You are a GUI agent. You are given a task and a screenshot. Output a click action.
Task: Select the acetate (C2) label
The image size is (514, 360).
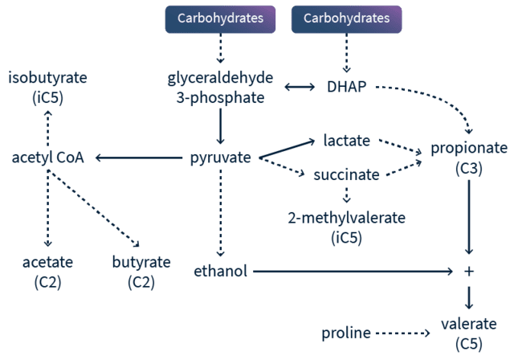pos(48,271)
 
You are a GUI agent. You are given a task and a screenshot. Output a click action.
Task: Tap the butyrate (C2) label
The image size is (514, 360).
pos(141,271)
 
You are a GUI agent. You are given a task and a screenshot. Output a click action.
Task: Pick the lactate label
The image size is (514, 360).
pos(346,140)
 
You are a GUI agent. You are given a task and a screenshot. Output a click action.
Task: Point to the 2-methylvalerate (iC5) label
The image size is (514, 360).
pos(346,226)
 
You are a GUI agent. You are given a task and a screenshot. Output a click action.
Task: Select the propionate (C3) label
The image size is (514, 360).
pos(469,157)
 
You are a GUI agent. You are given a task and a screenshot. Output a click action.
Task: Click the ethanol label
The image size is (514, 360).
pos(220,271)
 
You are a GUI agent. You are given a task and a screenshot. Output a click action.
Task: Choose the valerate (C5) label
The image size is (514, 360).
pos(469,333)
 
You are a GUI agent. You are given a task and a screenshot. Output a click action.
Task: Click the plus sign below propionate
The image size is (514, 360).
pos(470,272)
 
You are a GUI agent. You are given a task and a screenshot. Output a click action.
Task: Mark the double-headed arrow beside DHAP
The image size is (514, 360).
pos(300,85)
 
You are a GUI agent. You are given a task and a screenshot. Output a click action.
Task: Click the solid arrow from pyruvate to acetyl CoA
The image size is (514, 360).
pos(137,156)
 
